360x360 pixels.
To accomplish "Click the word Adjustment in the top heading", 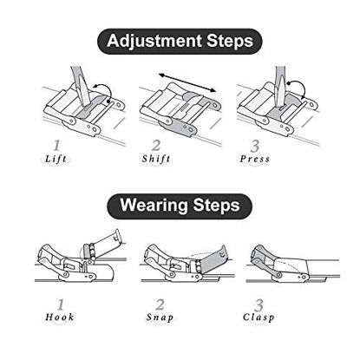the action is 154,41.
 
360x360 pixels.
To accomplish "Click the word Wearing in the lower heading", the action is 154,205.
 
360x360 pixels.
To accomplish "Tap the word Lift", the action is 56,159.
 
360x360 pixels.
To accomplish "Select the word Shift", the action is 156,159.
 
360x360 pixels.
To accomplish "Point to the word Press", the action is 255,159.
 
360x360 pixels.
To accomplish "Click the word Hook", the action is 60,317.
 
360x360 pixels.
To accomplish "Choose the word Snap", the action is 160,317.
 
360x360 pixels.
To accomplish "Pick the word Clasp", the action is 259,317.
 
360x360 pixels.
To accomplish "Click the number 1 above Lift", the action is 56,146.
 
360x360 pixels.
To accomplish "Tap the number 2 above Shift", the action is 156,145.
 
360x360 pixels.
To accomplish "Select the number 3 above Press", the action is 255,146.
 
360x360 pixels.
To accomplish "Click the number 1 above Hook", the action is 61,304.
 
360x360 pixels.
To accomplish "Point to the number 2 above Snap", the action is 160,304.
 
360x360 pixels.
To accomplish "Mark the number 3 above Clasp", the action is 259,304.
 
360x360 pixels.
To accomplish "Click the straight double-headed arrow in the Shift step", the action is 187,82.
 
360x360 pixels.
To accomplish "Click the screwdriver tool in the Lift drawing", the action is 80,85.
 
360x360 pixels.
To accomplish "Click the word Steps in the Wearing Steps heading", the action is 217,205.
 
